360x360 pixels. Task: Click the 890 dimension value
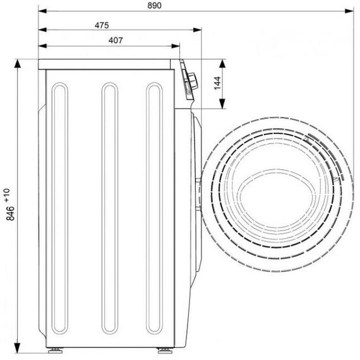pyautogui.click(x=154, y=6)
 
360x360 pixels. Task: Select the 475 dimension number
pyautogui.click(x=102, y=25)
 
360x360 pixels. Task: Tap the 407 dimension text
pyautogui.click(x=116, y=40)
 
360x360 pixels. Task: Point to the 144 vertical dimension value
pyautogui.click(x=217, y=83)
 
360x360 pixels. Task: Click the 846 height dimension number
pyautogui.click(x=11, y=213)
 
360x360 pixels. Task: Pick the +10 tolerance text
pyautogui.click(x=8, y=195)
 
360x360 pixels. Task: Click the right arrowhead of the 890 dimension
pyautogui.click(x=349, y=11)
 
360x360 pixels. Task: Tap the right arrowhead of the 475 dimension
pyautogui.click(x=197, y=30)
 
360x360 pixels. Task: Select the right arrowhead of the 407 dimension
pyautogui.click(x=176, y=46)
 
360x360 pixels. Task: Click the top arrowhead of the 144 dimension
pyautogui.click(x=222, y=63)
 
